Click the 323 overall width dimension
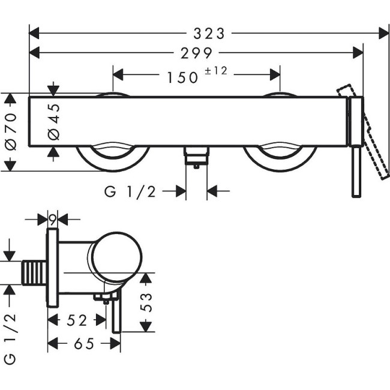[x=212, y=32]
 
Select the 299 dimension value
[x=196, y=53]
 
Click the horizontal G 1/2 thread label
[x=130, y=191]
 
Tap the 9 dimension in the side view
[x=52, y=219]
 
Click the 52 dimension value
[x=76, y=321]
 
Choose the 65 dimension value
[x=83, y=344]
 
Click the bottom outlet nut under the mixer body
[x=196, y=157]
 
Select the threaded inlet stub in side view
[x=35, y=272]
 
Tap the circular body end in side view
[x=117, y=258]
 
